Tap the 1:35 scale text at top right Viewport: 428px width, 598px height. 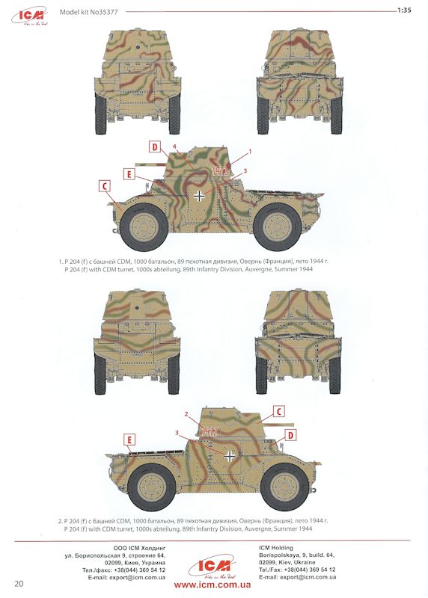(404, 10)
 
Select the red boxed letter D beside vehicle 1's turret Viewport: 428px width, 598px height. (155, 147)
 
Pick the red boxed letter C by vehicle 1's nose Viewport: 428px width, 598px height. (104, 186)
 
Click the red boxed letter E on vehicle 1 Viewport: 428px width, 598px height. (129, 174)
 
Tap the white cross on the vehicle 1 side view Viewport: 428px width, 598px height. (199, 196)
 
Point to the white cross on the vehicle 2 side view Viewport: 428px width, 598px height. (230, 456)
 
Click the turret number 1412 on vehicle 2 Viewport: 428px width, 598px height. (210, 431)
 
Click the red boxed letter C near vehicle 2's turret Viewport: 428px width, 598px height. (279, 412)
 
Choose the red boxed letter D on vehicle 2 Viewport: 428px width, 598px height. (290, 435)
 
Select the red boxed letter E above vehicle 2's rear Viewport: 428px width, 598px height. (129, 440)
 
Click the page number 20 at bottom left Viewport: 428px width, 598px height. (19, 584)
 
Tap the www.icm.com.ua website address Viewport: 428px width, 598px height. (213, 585)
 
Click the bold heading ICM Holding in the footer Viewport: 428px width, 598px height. (276, 548)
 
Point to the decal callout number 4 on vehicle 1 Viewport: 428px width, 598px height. (174, 146)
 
